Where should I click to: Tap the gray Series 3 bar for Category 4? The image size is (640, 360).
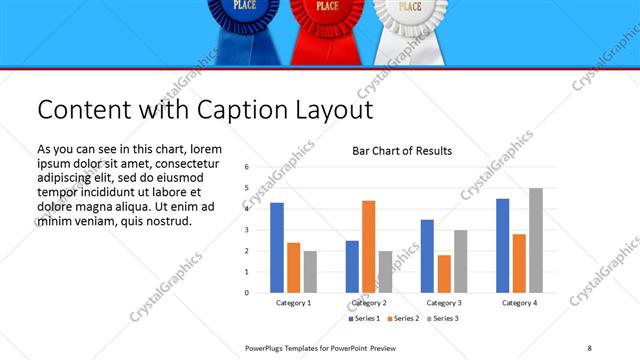pos(536,240)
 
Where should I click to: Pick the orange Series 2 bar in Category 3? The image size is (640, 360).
pos(444,274)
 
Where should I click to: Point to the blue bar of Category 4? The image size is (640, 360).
pos(502,246)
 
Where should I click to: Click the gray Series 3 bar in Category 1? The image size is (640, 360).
pos(310,272)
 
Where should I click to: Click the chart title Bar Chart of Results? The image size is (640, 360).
pos(402,151)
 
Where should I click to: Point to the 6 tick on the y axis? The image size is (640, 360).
pos(246,167)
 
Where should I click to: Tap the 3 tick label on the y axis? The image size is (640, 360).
pos(246,230)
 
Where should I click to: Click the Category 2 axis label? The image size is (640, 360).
pos(369,303)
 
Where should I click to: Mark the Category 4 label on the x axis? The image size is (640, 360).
pos(519,303)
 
